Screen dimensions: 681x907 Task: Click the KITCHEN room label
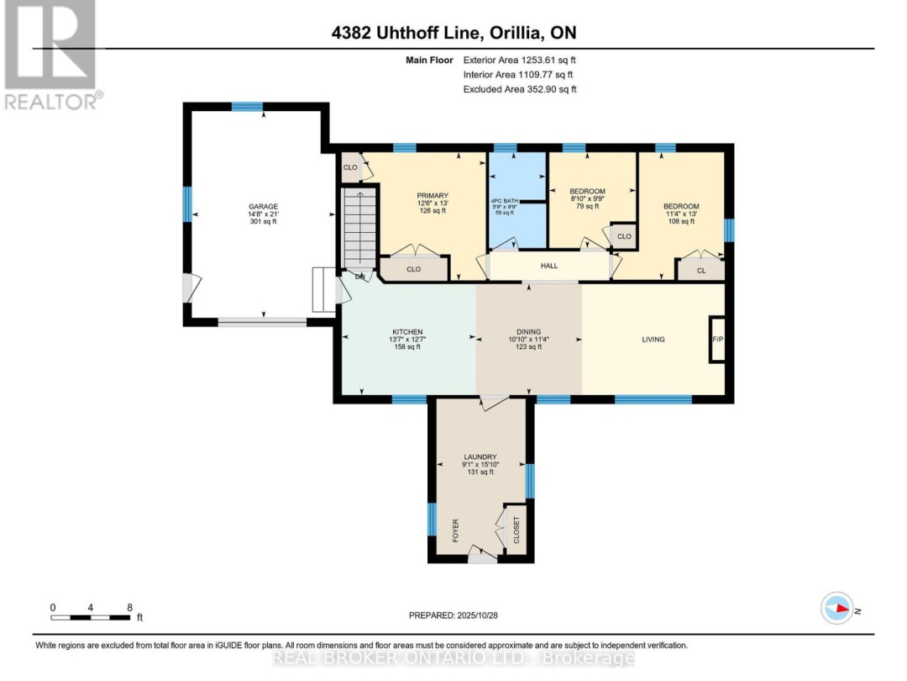pyautogui.click(x=406, y=331)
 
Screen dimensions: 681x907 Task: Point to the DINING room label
pyautogui.click(x=528, y=331)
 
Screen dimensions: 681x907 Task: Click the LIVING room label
pyautogui.click(x=653, y=340)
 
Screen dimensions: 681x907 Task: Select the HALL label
pyautogui.click(x=549, y=266)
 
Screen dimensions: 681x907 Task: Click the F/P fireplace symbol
pyautogui.click(x=718, y=340)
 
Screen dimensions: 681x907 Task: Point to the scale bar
pyautogui.click(x=91, y=617)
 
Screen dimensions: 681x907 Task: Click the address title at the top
pyautogui.click(x=453, y=34)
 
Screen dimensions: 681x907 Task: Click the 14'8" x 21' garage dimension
pyautogui.click(x=262, y=215)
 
